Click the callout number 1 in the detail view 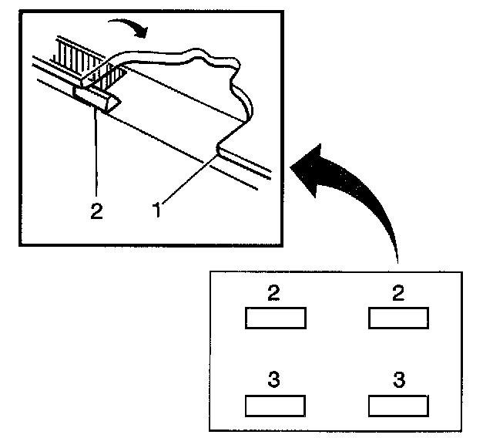[156, 208]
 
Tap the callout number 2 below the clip [96, 211]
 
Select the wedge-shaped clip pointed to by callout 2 [96, 99]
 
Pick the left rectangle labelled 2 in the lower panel [275, 318]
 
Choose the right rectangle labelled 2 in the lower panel [399, 318]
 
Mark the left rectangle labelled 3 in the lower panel [275, 405]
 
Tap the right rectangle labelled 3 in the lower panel [399, 405]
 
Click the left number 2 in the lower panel [274, 293]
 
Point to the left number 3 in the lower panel [274, 380]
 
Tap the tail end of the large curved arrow [397, 258]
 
